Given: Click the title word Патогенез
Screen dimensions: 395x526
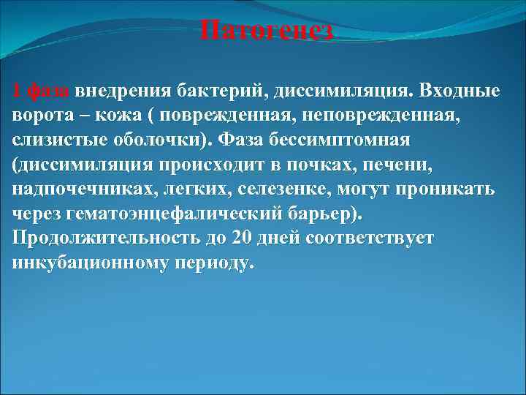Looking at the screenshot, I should [x=267, y=31].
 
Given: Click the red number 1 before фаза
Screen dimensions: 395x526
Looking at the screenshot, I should [x=17, y=91].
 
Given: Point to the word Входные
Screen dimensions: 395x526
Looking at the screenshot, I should [x=461, y=91].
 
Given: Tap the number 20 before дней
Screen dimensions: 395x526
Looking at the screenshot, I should [x=241, y=239].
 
